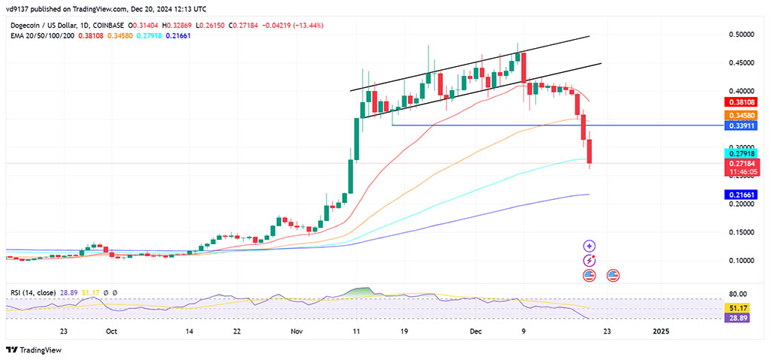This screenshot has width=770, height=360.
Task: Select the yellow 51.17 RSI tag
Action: point(736,308)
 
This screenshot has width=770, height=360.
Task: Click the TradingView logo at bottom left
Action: point(34,349)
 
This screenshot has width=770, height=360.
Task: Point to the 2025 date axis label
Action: point(660,331)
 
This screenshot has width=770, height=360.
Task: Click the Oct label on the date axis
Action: point(111,331)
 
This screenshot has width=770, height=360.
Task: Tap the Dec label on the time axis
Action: point(474,331)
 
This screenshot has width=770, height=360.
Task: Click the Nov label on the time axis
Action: point(296,331)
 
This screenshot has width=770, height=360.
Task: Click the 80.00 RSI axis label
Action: point(738,294)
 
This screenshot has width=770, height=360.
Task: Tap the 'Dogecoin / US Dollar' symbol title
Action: point(41,25)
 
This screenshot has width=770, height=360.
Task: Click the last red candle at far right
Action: point(590,151)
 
